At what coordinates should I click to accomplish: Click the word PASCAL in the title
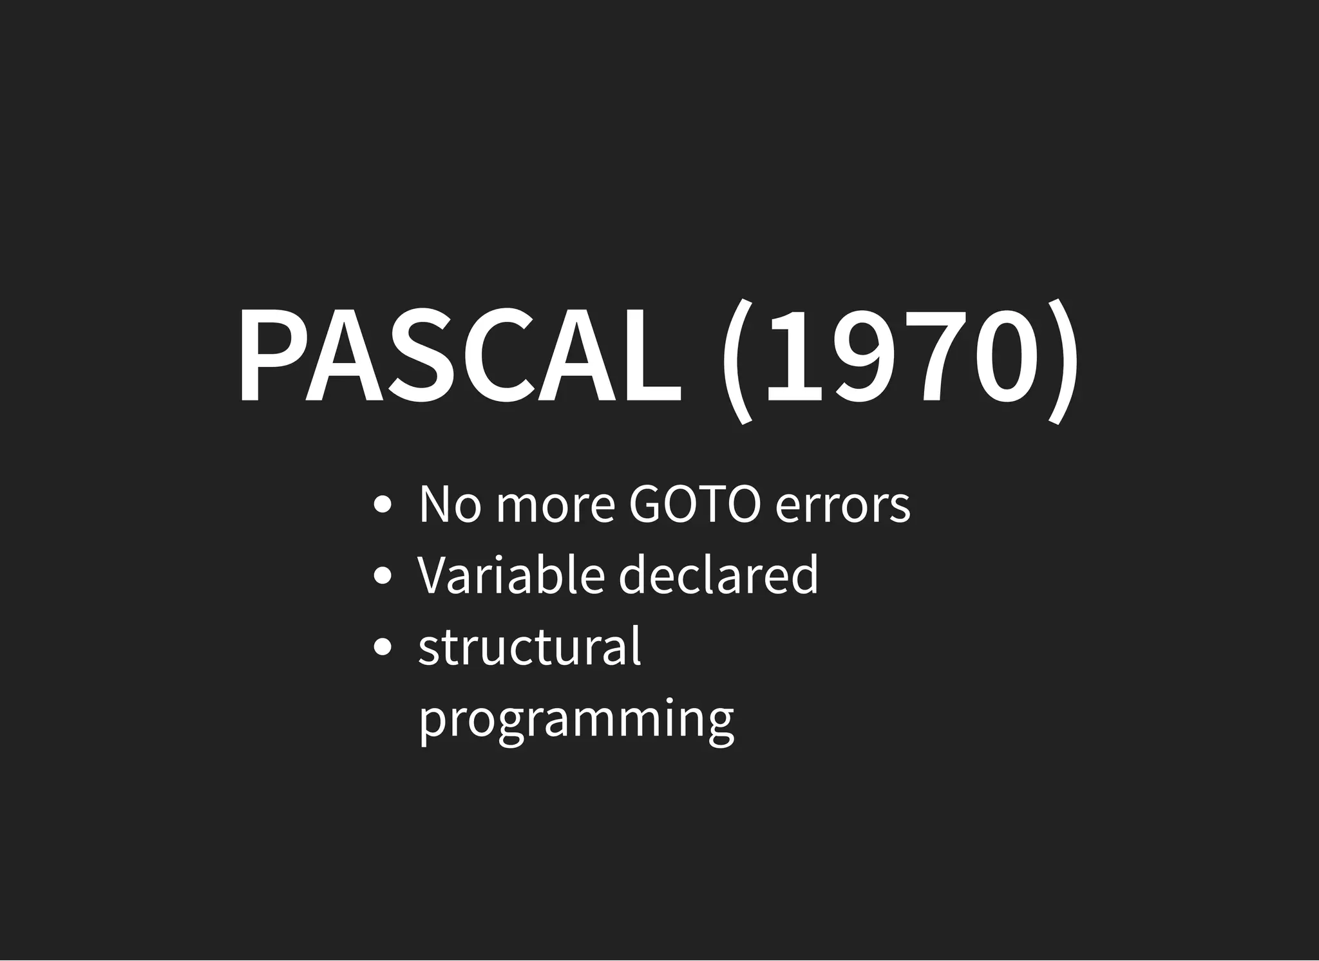pos(460,355)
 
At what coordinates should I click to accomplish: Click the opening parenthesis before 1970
pos(736,360)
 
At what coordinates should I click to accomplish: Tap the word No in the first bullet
pos(450,505)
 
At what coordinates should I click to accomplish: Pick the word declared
pos(718,574)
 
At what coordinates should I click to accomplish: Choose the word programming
pos(576,720)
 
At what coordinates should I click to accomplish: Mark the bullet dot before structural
pos(383,647)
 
